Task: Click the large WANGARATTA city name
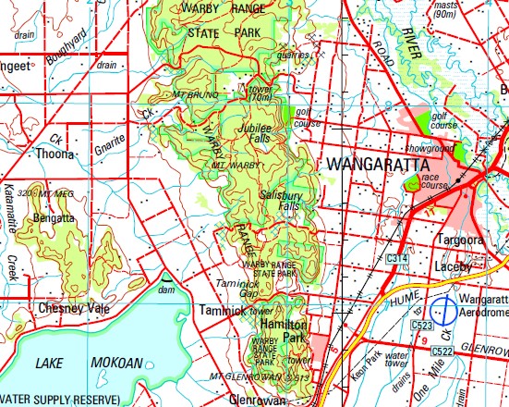[383, 164]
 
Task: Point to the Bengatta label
[53, 218]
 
